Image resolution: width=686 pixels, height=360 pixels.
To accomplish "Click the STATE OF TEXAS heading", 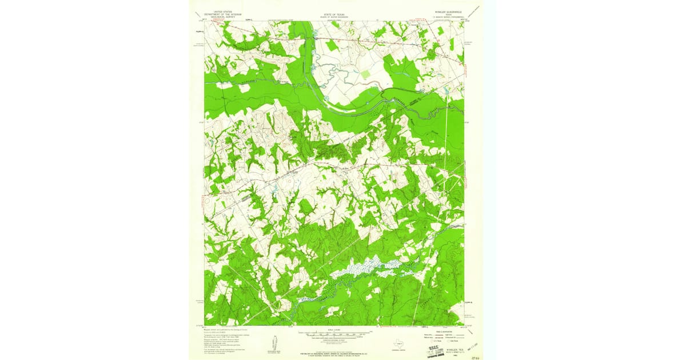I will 334,11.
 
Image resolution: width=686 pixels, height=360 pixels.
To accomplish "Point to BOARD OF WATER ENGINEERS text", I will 334,14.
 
